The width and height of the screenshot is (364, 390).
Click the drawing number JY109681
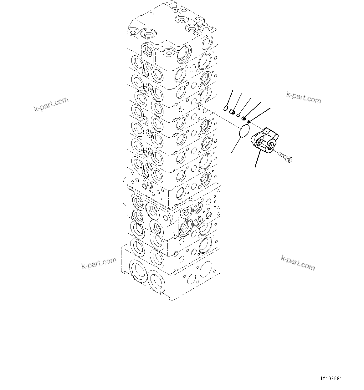point(331,379)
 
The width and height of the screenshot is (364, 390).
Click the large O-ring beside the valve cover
point(245,131)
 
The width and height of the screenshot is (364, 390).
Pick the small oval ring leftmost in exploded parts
point(226,109)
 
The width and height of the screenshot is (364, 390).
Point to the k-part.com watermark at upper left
point(51,104)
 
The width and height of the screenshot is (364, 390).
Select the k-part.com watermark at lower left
point(99,263)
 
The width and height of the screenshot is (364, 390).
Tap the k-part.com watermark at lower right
point(298,263)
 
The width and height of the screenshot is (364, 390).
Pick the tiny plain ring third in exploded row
point(238,115)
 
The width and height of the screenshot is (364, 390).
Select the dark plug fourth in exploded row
point(244,118)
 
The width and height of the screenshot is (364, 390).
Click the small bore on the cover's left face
point(257,142)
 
